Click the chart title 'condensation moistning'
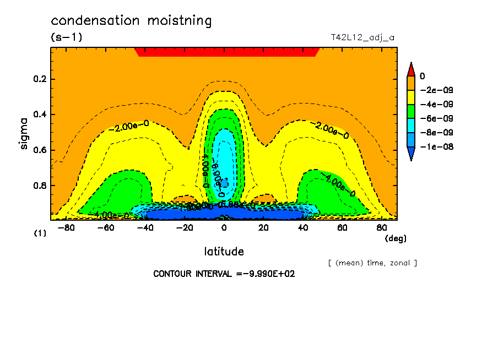tap(131, 21)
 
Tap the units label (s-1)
tap(66, 37)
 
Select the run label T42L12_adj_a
tap(362, 38)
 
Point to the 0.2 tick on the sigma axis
tap(40, 79)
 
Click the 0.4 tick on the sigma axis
tap(40, 114)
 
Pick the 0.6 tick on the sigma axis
tap(40, 150)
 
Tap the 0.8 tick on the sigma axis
tap(40, 186)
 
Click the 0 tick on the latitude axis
tap(224, 227)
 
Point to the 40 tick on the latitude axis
tap(303, 227)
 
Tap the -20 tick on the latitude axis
tap(183, 227)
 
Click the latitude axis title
tap(224, 252)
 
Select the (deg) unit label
tap(395, 238)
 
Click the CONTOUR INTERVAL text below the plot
tap(224, 274)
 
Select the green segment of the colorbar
tap(410, 111)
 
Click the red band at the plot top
tap(226, 52)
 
